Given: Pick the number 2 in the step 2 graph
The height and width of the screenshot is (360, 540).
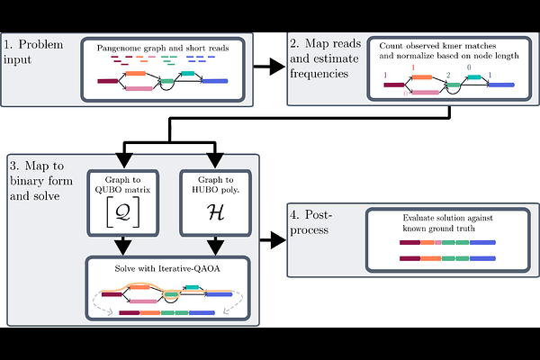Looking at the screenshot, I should tap(446, 79).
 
